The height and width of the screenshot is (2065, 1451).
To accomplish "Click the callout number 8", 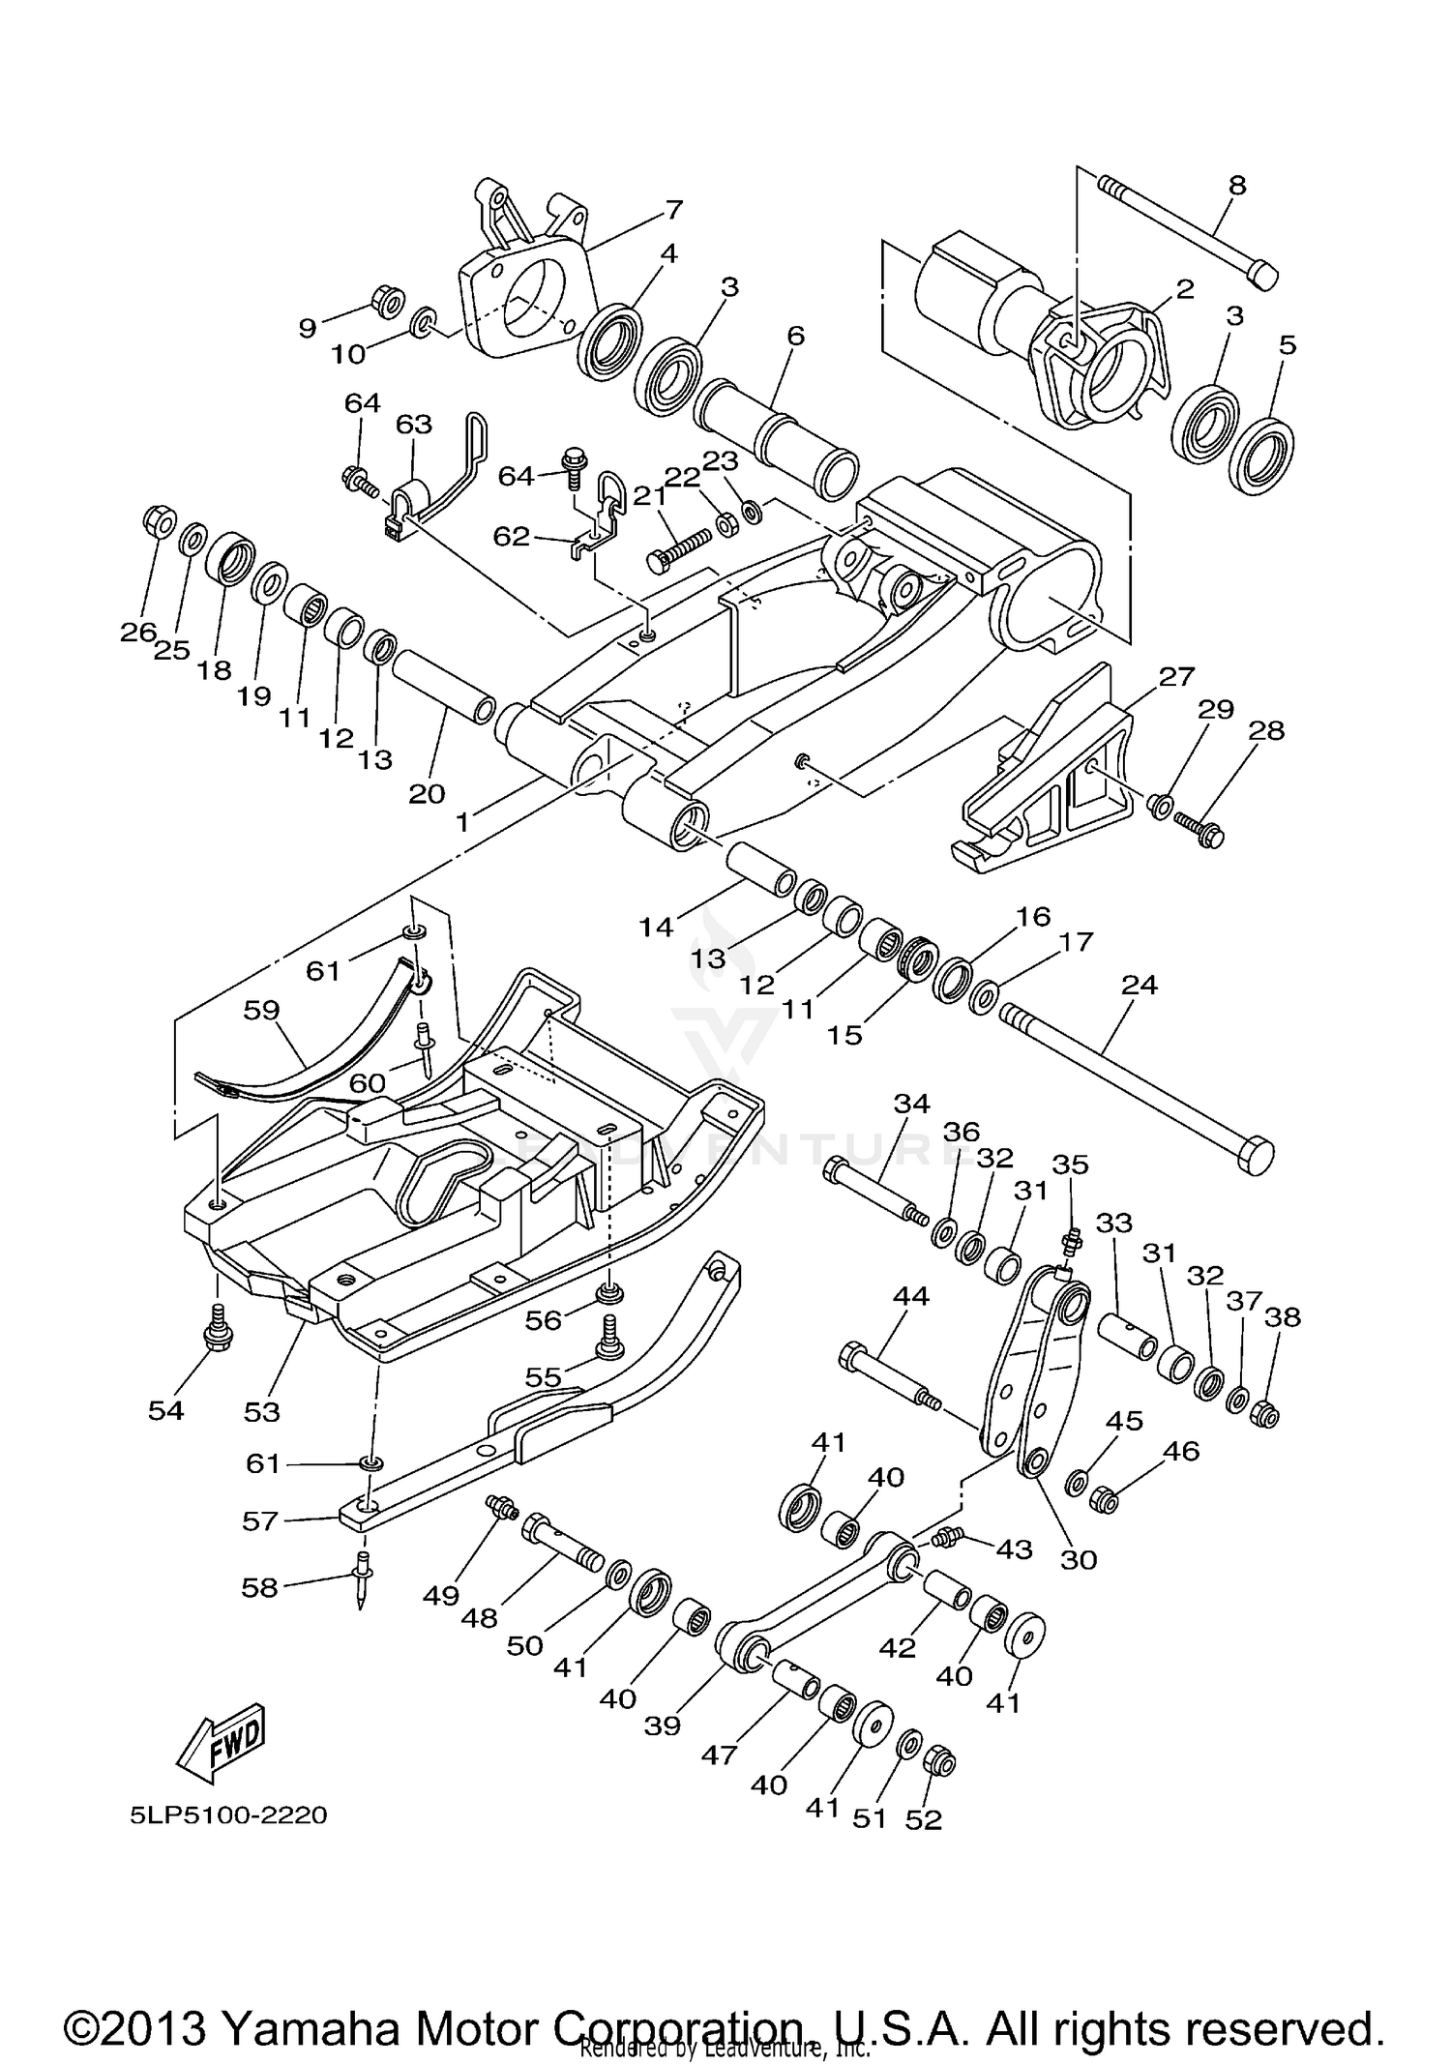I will (1237, 185).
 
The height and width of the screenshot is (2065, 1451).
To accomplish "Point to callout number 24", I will (1140, 985).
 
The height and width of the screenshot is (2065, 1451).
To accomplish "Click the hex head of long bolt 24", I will (1255, 1154).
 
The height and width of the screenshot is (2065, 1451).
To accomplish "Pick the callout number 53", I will (261, 1411).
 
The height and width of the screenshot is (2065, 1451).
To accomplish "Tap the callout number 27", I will (1177, 676).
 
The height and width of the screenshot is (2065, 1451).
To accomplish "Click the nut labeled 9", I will (387, 303).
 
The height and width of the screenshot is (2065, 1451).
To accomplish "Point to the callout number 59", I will (261, 1010).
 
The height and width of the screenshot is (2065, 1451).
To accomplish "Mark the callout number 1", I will (463, 821).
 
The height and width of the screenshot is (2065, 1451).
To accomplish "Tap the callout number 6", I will (795, 337).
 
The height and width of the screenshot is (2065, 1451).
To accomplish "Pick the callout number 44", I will (910, 1296).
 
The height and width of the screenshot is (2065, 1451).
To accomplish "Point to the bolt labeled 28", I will (1199, 829).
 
